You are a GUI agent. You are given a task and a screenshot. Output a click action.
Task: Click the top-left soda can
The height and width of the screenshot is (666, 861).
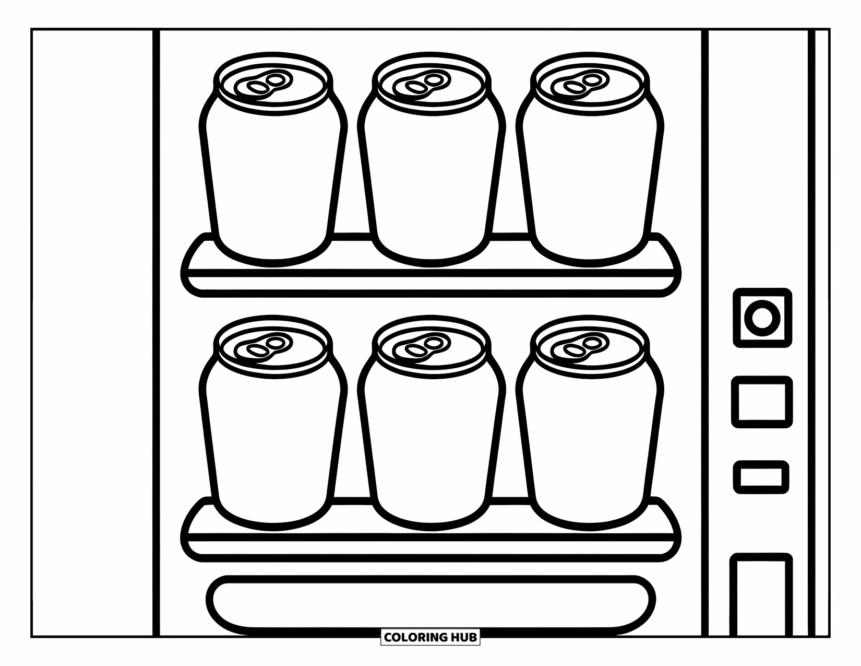pyautogui.click(x=273, y=172)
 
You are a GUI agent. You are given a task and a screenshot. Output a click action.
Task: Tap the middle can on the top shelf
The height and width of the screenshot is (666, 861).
pyautogui.click(x=432, y=172)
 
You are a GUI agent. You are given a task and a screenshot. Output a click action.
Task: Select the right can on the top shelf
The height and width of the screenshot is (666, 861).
pyautogui.click(x=590, y=172)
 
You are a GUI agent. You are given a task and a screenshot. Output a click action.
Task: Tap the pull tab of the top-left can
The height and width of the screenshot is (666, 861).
pyautogui.click(x=264, y=84)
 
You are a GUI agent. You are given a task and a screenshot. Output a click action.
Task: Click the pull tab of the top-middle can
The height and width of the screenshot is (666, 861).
pyautogui.click(x=423, y=84)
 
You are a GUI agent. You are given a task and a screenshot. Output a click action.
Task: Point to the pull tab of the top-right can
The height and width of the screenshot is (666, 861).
pyautogui.click(x=581, y=84)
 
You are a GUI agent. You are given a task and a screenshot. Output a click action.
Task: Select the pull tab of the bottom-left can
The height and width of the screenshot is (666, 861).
pyautogui.click(x=264, y=347)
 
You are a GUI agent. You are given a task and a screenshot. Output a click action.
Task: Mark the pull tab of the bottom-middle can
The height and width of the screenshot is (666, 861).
pyautogui.click(x=423, y=347)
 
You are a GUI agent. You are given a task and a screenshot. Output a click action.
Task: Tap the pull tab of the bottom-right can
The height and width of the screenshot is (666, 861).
pyautogui.click(x=581, y=347)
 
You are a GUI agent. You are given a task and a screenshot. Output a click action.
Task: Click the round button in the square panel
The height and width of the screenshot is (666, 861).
pyautogui.click(x=762, y=317)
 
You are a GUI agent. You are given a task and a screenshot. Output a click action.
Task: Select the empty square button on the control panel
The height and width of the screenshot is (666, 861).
pyautogui.click(x=762, y=402)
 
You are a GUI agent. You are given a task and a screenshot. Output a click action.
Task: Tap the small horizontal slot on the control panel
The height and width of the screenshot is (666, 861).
pyautogui.click(x=761, y=476)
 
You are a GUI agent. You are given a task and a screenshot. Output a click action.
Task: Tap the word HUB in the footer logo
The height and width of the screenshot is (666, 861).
pyautogui.click(x=464, y=637)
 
